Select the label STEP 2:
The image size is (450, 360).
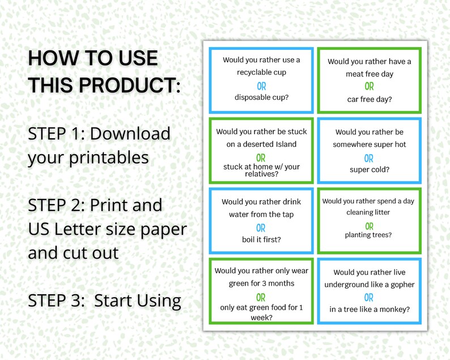(x=56, y=205)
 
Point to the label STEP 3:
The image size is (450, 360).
(x=56, y=300)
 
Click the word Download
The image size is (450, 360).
(x=130, y=134)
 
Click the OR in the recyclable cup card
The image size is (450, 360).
(x=261, y=86)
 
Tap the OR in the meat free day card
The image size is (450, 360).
(x=369, y=87)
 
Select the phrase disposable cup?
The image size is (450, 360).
(x=261, y=97)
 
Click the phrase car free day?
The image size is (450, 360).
(x=369, y=99)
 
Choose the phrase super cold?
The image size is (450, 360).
(x=369, y=170)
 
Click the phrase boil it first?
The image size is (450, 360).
(x=261, y=239)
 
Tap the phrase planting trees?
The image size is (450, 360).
(x=369, y=235)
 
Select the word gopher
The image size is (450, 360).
(x=402, y=284)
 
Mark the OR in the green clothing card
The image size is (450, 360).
(x=261, y=297)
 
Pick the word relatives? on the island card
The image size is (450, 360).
(x=261, y=173)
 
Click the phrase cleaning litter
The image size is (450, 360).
(x=369, y=213)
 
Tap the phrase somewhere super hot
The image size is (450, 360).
(x=369, y=145)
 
